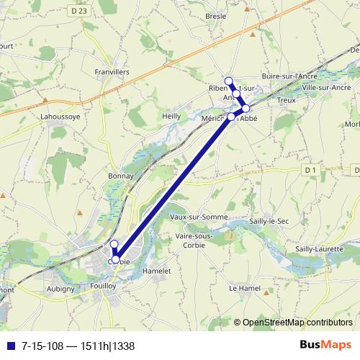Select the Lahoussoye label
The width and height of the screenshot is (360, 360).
click(x=60, y=114)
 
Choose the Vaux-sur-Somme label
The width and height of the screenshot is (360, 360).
click(x=199, y=217)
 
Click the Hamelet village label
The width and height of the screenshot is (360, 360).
click(x=156, y=270)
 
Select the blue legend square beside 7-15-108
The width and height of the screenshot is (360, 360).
click(x=11, y=346)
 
